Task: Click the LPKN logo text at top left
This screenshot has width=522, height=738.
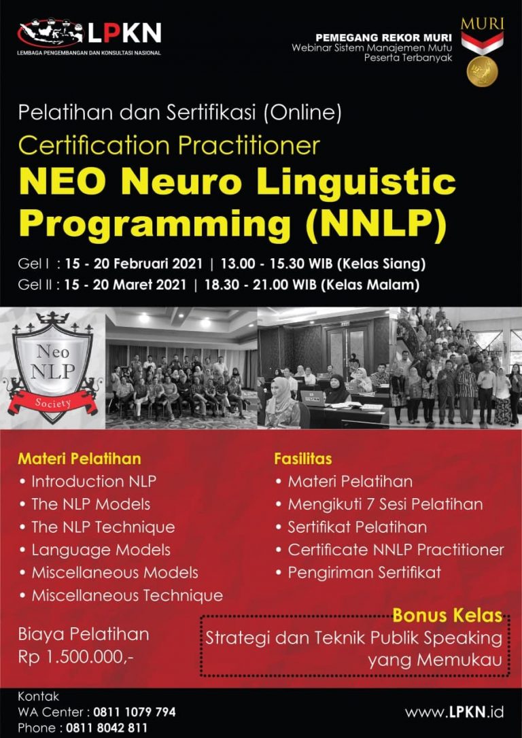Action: click(x=125, y=33)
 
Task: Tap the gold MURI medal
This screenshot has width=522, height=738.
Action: click(x=482, y=71)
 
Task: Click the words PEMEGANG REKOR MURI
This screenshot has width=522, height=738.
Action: click(x=383, y=37)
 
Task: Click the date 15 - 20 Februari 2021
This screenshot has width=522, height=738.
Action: click(x=134, y=264)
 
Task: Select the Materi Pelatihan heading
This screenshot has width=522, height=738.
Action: click(x=79, y=459)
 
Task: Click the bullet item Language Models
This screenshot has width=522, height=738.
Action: click(x=101, y=550)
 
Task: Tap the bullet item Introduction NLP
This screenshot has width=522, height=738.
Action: click(x=94, y=482)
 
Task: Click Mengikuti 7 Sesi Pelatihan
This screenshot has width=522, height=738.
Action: click(x=385, y=504)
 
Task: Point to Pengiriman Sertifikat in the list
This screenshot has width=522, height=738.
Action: click(x=364, y=573)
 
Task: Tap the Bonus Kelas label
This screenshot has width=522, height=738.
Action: click(x=447, y=615)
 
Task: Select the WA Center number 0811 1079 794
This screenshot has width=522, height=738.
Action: click(x=134, y=712)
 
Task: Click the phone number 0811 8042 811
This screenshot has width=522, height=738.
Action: click(x=107, y=728)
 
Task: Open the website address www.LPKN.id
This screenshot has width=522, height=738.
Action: click(x=454, y=712)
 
